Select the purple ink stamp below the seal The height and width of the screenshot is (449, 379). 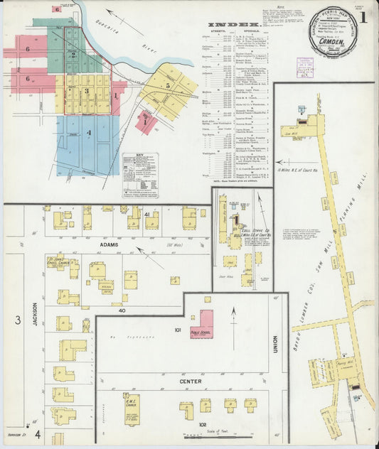pos(305,67)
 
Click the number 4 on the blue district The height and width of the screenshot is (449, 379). pos(89,133)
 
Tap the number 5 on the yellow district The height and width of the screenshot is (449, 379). pos(168,85)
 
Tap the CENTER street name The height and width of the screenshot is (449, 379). pos(190,382)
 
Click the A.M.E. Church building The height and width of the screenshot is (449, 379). pos(132,410)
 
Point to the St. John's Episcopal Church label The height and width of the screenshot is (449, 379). pos(55,261)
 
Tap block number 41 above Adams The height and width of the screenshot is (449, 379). pos(146,214)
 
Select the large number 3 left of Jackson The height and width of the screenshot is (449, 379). pos(17,320)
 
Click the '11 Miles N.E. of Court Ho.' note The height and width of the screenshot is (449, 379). pos(293,170)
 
